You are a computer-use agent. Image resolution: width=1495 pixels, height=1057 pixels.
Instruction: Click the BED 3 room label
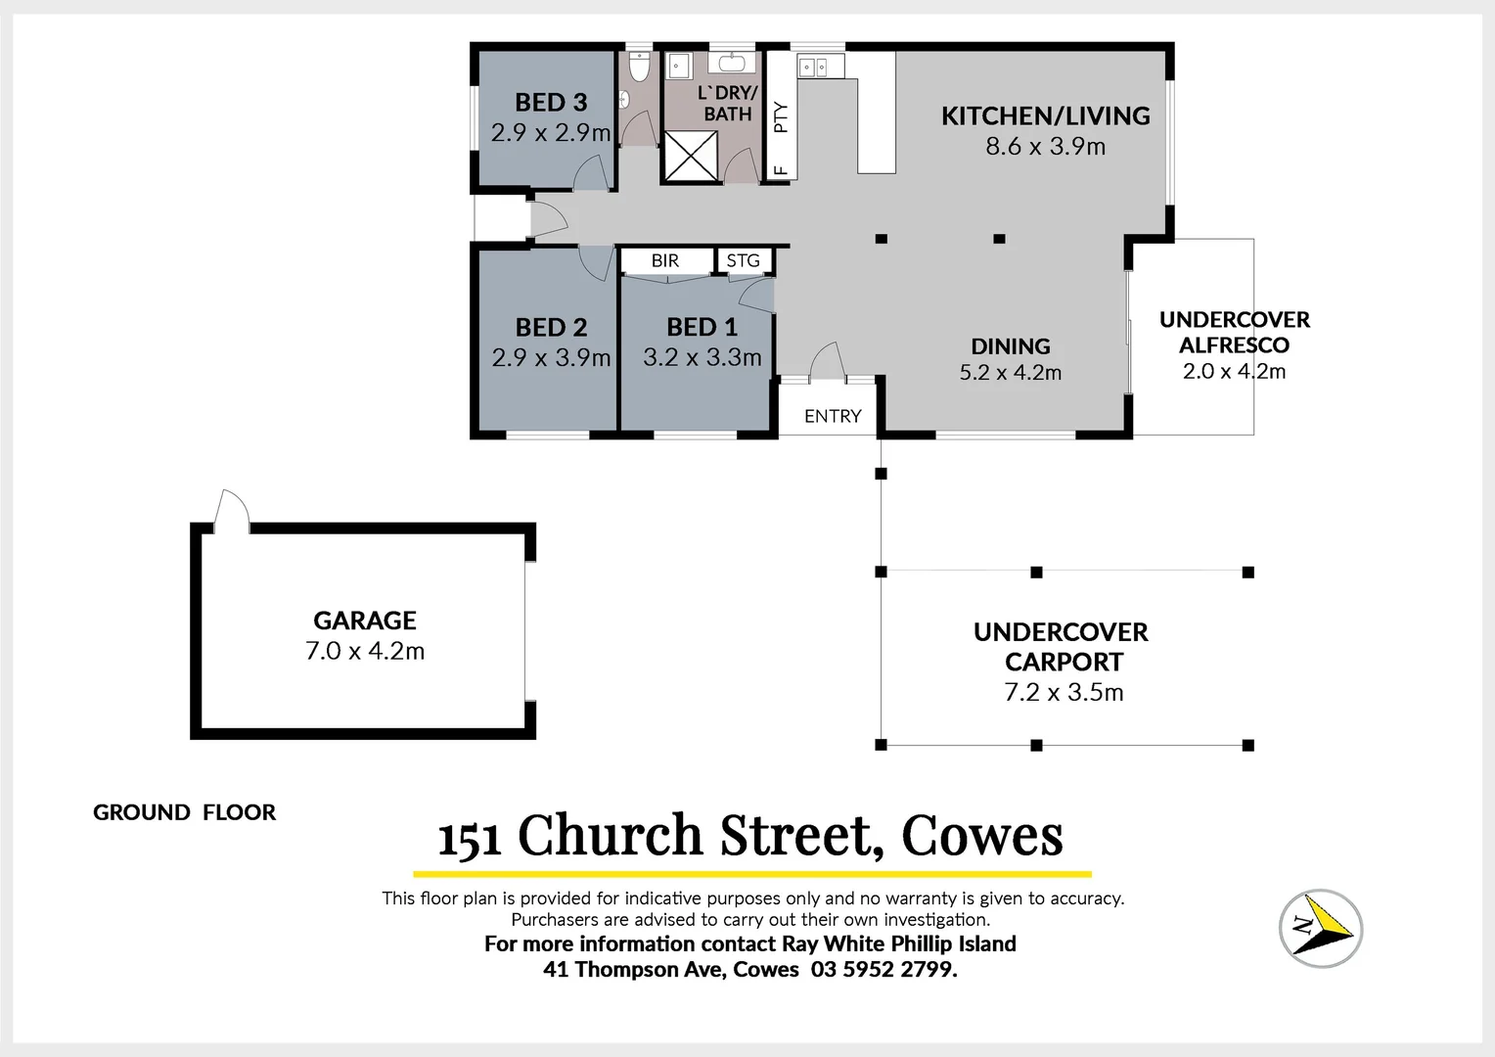tap(551, 102)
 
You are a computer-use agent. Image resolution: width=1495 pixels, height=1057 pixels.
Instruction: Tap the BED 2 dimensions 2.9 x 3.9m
tap(551, 358)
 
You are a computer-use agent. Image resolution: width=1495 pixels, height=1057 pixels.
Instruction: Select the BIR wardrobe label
tap(665, 261)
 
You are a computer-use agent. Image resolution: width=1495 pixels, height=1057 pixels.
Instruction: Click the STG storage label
tap(744, 261)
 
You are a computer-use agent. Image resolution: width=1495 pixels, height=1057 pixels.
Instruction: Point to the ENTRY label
tap(833, 416)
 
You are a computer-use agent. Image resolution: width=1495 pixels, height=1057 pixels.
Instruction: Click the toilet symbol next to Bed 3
tap(639, 69)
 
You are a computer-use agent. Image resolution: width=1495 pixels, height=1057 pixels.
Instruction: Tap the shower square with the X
tap(691, 155)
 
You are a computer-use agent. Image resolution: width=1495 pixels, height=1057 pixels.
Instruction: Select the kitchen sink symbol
tap(814, 67)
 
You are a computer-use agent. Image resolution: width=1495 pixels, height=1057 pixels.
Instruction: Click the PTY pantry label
tap(781, 117)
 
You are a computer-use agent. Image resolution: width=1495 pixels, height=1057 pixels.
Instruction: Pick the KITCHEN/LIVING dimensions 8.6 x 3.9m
tap(1045, 147)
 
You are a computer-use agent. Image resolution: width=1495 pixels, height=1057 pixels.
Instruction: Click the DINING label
tap(1011, 346)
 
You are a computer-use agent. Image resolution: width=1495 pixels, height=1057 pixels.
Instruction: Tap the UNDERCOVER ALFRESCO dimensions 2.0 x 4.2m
tap(1234, 371)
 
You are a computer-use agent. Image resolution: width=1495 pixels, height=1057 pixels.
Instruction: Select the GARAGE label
tap(365, 620)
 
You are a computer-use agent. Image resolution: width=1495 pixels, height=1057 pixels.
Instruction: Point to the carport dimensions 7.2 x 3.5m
tap(1064, 693)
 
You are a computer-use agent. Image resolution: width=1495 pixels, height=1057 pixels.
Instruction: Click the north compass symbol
tap(1320, 927)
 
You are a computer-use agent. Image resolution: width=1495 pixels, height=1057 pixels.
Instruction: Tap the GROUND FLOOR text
tap(184, 812)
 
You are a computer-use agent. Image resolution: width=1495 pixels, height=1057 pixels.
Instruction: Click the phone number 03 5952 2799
tap(883, 969)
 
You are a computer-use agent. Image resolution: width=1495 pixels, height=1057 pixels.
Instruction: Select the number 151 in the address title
tap(470, 839)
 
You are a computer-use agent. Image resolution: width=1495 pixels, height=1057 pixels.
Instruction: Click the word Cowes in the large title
tap(981, 836)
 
